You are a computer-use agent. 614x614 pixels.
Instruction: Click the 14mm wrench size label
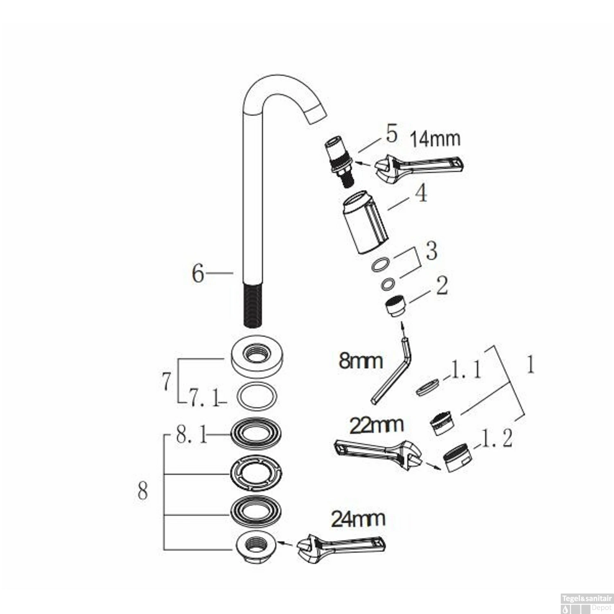(x=435, y=139)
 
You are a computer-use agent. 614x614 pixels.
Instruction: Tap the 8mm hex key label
(x=361, y=361)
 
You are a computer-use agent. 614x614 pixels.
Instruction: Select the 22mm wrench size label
(x=376, y=425)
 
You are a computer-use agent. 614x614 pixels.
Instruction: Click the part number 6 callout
(x=198, y=273)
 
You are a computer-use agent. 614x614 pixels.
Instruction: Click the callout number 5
(x=391, y=133)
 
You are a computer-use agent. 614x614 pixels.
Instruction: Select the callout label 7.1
(x=203, y=398)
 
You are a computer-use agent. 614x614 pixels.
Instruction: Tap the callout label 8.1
(x=191, y=436)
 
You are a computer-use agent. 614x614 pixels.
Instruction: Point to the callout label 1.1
(x=465, y=370)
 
